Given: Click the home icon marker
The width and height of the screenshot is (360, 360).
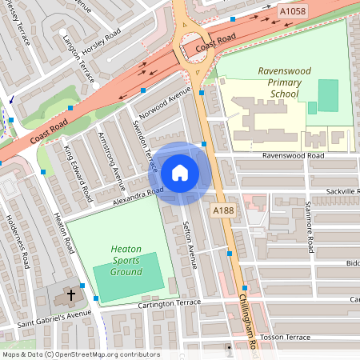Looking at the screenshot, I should [x=180, y=172].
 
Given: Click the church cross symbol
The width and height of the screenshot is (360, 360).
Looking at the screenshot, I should [x=70, y=294].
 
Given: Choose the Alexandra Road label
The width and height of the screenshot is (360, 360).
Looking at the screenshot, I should [x=138, y=196].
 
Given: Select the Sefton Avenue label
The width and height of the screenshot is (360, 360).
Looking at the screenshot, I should [x=190, y=243].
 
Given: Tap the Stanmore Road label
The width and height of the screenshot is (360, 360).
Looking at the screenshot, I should [x=309, y=228].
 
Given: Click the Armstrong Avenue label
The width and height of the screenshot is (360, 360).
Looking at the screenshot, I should [x=107, y=157].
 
